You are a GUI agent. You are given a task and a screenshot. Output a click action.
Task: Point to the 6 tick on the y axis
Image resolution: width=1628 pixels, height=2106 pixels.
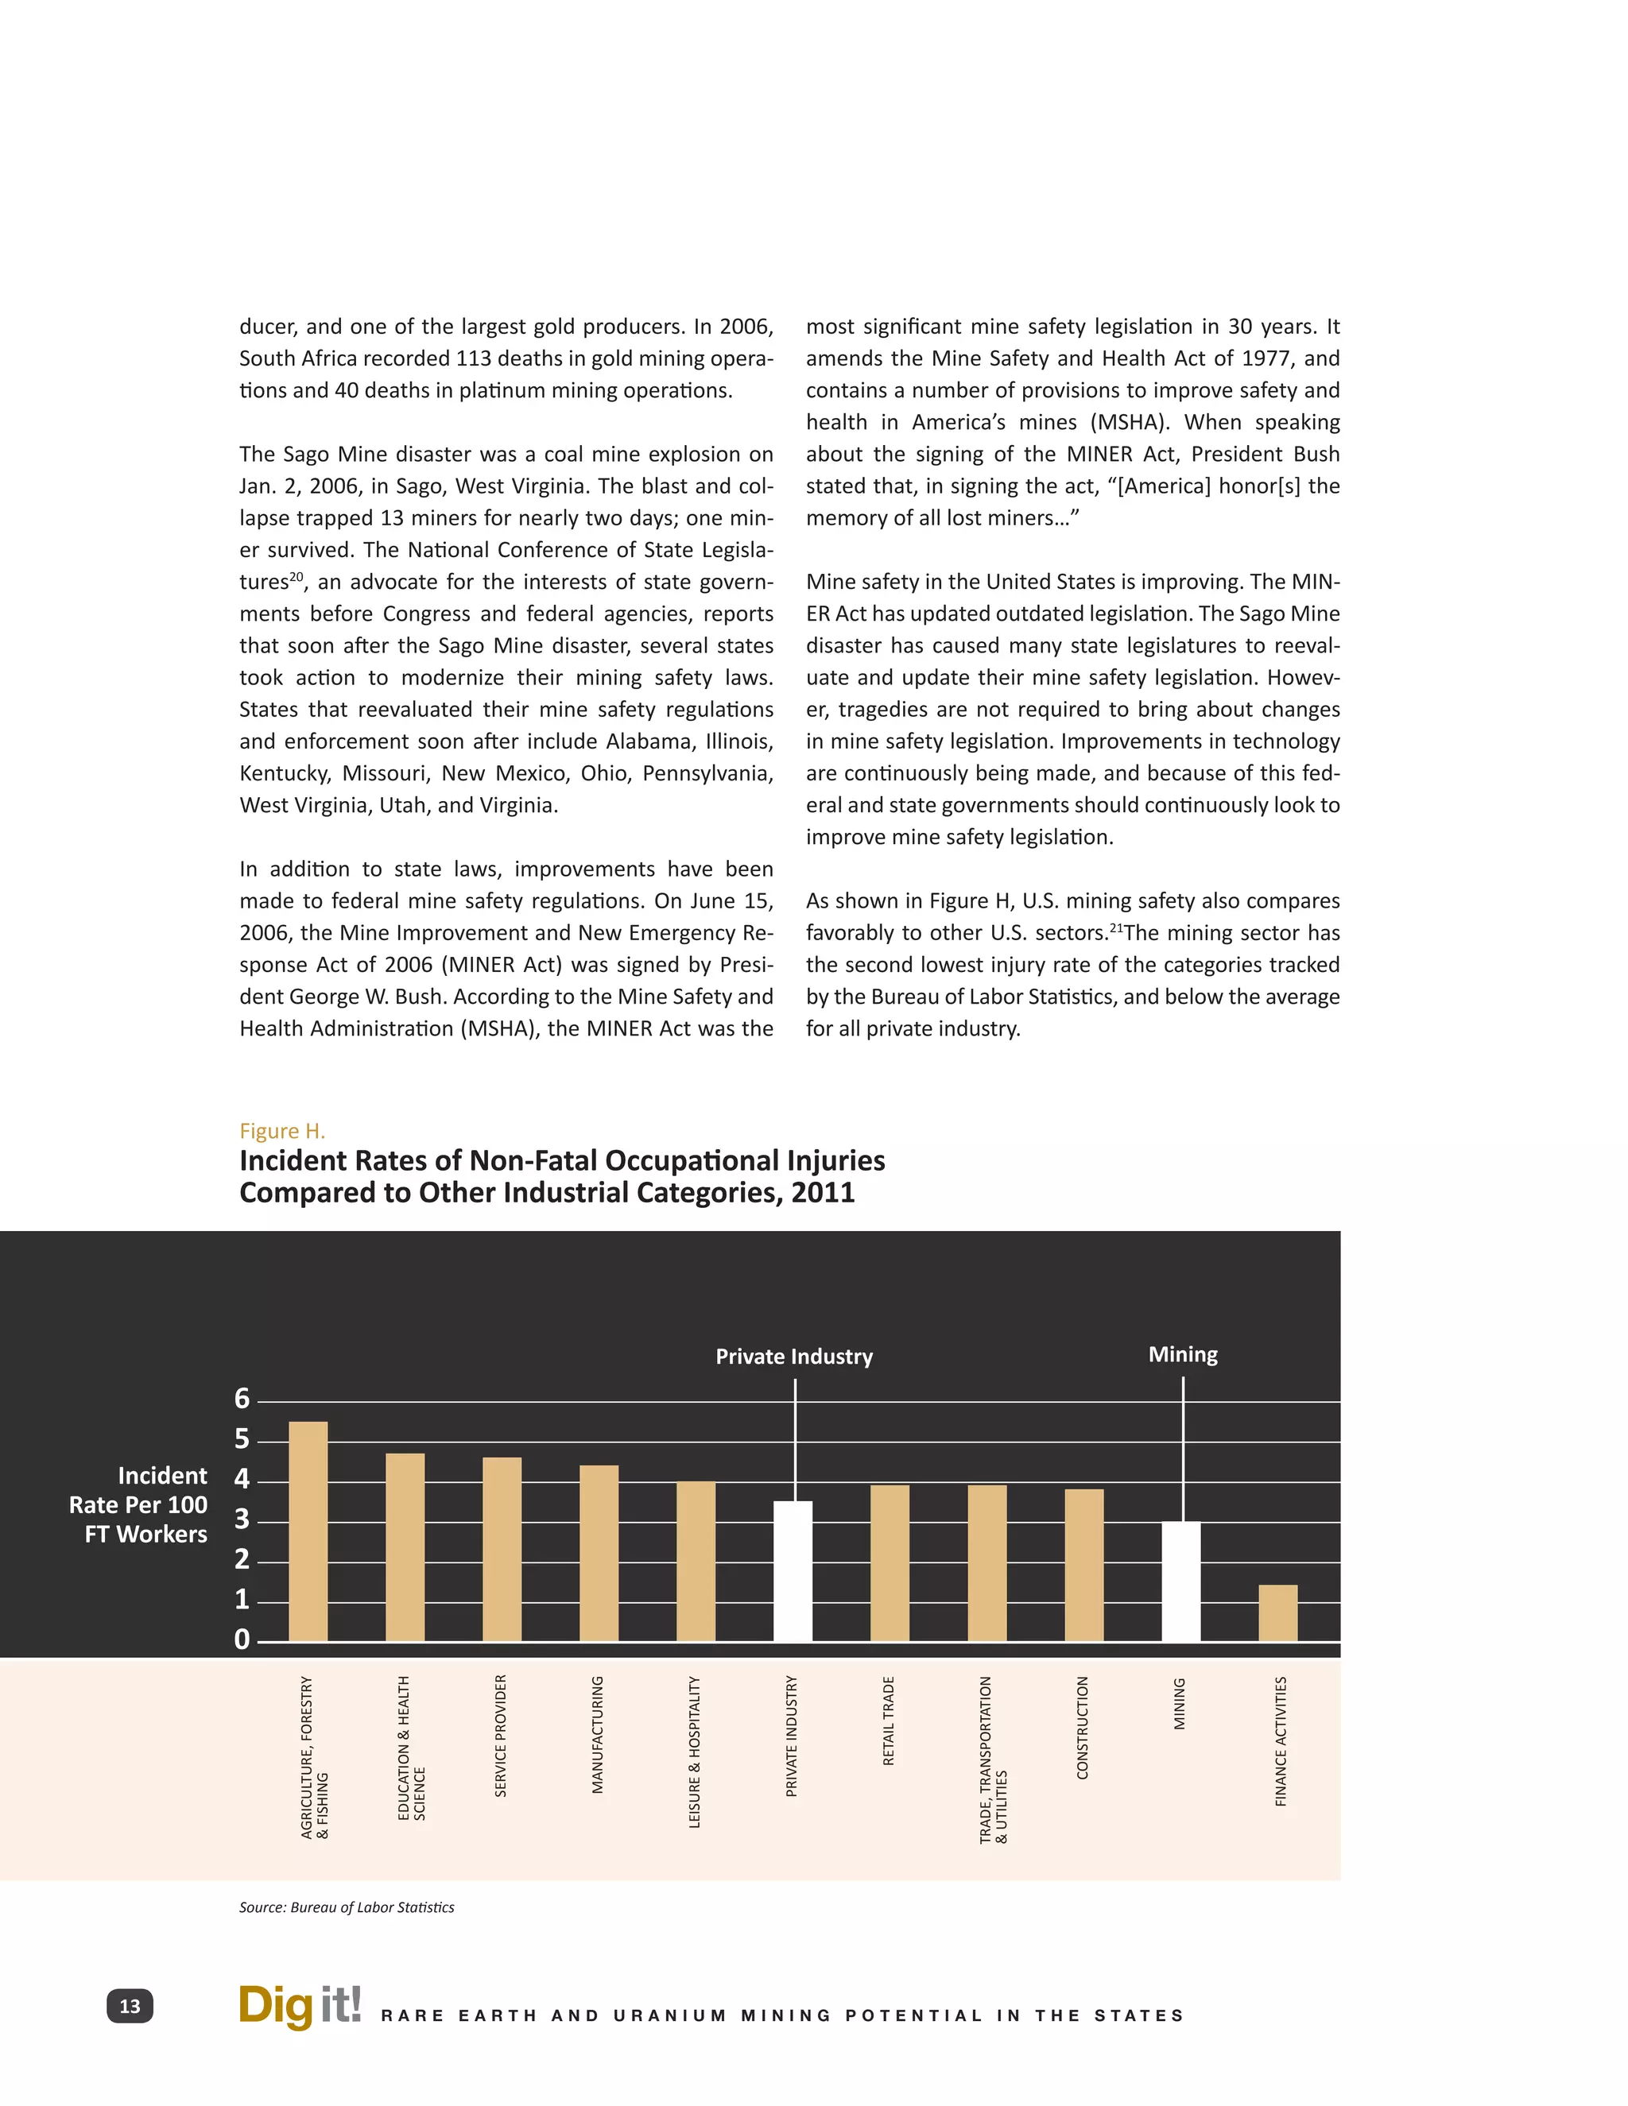point(242,1399)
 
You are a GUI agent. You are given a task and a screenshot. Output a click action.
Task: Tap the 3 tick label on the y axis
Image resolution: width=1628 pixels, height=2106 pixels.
point(242,1519)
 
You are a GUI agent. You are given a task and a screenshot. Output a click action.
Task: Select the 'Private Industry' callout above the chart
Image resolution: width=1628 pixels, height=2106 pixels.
point(794,1357)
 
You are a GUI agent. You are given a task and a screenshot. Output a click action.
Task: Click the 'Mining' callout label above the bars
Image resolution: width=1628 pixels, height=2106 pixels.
point(1182,1355)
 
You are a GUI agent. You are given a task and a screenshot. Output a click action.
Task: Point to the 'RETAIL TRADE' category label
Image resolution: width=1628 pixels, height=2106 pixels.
point(888,1721)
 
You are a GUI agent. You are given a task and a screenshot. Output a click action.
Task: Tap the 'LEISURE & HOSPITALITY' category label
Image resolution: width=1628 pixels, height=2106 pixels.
point(695,1751)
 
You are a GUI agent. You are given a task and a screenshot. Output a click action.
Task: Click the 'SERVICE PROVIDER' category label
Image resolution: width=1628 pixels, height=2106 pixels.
point(501,1736)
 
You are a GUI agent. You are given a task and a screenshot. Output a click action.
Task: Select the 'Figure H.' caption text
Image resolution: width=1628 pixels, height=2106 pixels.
point(281,1131)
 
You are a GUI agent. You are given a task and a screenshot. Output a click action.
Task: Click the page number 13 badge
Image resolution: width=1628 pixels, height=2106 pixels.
point(130,2007)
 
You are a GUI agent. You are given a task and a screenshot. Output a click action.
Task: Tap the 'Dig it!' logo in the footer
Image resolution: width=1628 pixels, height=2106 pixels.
point(299,2006)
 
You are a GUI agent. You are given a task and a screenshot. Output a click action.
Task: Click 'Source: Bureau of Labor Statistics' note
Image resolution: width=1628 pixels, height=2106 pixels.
point(347,1907)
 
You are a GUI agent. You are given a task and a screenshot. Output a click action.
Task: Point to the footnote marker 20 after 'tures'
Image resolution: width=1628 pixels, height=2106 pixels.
point(296,577)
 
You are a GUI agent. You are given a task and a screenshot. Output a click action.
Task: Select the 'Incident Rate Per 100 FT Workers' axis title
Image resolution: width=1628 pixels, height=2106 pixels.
point(139,1504)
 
